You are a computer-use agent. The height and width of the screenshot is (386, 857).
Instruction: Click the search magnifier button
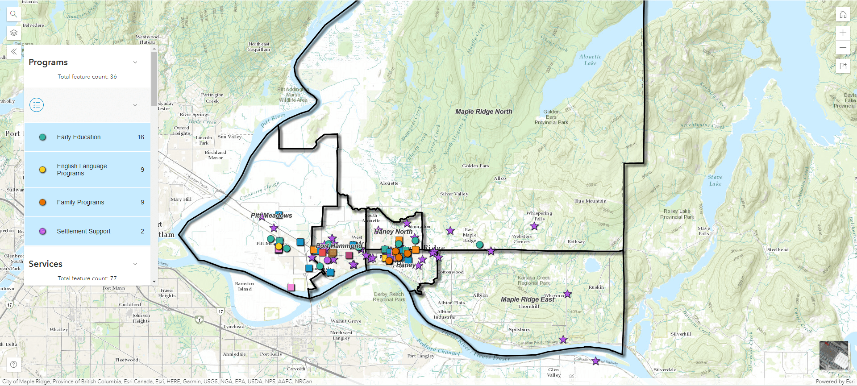point(14,14)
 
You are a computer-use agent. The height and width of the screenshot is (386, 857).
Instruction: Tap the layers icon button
point(14,33)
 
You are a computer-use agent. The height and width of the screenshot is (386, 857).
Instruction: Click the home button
point(843,14)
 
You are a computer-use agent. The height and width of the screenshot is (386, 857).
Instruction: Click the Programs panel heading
point(48,62)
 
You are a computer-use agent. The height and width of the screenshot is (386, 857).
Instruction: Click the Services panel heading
point(46,264)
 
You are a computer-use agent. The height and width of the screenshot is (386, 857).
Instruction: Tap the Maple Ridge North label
point(483,112)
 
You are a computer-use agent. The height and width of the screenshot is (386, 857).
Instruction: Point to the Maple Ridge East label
point(527,299)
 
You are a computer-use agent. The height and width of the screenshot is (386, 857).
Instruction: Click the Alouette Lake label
point(590,60)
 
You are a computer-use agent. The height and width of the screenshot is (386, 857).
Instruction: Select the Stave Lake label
point(715,180)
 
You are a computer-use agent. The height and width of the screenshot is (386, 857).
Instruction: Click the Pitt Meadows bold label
point(271,216)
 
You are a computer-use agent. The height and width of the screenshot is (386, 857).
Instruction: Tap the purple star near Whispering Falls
point(534,226)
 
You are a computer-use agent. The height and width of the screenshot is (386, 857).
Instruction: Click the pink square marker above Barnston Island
point(291,287)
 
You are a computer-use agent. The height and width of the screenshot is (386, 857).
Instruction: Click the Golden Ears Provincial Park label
point(551,117)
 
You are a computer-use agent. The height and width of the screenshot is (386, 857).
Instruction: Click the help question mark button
point(14,364)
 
